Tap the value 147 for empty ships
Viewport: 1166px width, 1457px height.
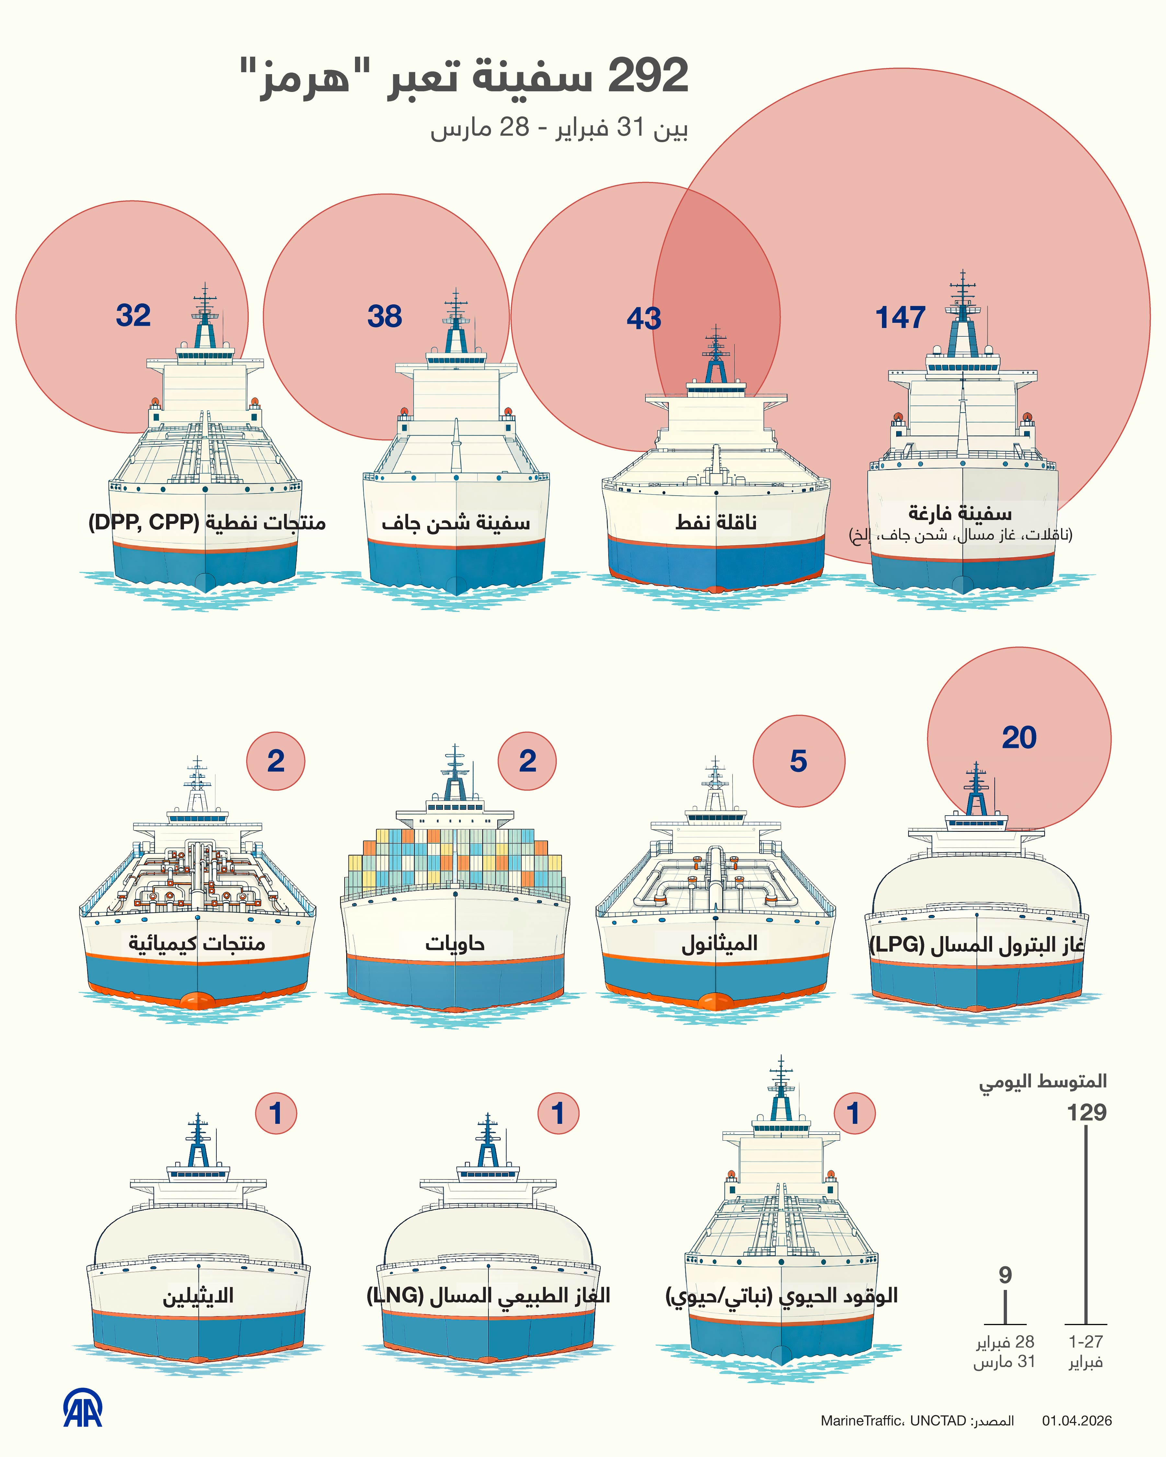tap(900, 317)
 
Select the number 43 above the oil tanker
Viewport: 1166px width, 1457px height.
tap(644, 318)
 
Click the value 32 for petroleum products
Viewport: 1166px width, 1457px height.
tap(133, 315)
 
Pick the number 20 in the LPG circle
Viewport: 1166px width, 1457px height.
tap(1019, 737)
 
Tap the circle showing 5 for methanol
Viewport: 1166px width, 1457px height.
tap(798, 761)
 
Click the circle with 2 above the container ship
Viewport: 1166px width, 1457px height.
tap(527, 761)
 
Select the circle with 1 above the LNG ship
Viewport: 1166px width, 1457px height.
tap(558, 1113)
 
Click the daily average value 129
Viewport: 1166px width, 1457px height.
tap(1086, 1112)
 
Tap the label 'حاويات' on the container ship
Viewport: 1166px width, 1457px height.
tap(455, 943)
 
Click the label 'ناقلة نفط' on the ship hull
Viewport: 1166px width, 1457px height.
tap(716, 522)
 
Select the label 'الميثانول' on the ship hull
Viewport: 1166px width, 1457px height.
tap(719, 943)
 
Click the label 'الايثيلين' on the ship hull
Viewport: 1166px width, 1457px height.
tap(198, 1295)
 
